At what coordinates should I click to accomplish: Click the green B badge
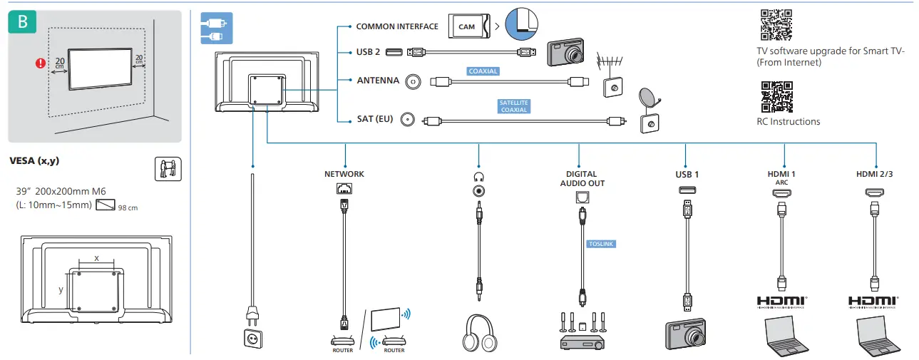[x=22, y=21]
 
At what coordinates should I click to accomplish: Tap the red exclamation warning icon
[x=40, y=63]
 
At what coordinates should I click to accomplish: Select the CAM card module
[x=469, y=26]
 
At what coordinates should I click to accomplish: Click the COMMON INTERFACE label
[x=396, y=26]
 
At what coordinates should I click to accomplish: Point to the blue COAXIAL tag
[x=483, y=71]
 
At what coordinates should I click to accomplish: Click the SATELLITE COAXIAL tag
[x=513, y=106]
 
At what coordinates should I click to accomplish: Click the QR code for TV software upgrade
[x=776, y=25]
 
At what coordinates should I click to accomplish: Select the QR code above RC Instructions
[x=776, y=97]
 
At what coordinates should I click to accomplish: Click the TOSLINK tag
[x=601, y=244]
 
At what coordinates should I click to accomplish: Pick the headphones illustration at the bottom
[x=479, y=333]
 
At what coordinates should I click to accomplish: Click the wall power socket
[x=252, y=339]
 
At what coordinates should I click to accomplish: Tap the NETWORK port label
[x=344, y=174]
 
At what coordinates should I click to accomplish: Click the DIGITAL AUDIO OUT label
[x=582, y=179]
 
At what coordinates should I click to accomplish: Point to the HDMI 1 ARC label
[x=781, y=178]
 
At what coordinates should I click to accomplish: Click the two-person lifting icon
[x=168, y=169]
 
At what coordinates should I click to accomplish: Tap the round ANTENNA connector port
[x=413, y=81]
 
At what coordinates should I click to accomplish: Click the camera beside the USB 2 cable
[x=566, y=52]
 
